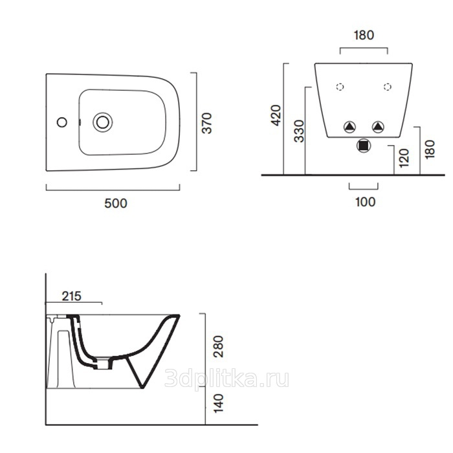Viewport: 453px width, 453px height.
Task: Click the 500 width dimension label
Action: point(116,203)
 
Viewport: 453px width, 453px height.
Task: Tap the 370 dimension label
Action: point(207,124)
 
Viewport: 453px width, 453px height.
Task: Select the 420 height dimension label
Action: point(276,116)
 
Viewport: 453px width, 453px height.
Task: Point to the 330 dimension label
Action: point(299,131)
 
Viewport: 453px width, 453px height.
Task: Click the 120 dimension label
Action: point(404,158)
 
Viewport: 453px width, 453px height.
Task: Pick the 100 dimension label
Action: point(366,202)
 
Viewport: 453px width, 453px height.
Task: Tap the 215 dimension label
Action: point(72,296)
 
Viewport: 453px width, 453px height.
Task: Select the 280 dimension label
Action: point(218,347)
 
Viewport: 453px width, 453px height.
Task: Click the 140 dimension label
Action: point(218,403)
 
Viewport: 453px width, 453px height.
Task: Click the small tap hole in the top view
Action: point(62,122)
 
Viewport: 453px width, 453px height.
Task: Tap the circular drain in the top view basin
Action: point(102,122)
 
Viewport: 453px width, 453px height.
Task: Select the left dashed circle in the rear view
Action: point(340,87)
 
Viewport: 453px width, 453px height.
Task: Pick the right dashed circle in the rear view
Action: point(388,87)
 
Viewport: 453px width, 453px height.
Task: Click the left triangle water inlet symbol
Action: point(349,127)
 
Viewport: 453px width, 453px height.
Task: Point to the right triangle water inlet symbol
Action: point(378,127)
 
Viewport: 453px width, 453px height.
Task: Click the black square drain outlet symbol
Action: point(364,146)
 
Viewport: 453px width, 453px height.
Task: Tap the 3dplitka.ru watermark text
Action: point(226,379)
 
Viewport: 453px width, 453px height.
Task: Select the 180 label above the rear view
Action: point(364,35)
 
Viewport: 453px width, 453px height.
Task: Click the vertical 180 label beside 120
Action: point(430,149)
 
